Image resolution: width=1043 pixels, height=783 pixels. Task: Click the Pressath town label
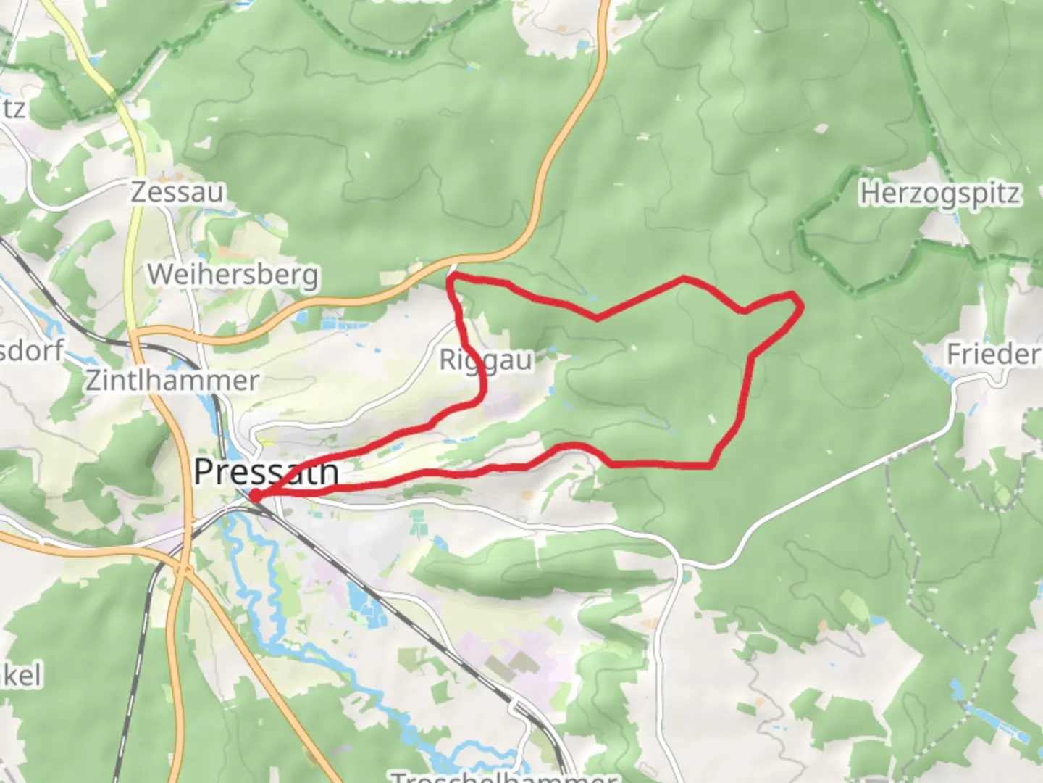(266, 472)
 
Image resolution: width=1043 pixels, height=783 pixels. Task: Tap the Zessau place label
(177, 192)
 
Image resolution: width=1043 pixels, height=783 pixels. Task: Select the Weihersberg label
(233, 275)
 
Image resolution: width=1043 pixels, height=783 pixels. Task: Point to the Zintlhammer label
(172, 380)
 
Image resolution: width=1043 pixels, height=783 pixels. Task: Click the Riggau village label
(486, 360)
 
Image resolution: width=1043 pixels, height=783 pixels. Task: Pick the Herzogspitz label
(939, 194)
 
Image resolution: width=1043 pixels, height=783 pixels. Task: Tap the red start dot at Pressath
(255, 496)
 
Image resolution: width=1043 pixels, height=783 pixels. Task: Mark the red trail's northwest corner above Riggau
(451, 279)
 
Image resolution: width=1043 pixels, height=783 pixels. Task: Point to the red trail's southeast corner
(711, 464)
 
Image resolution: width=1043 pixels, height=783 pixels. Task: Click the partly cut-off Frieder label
(994, 355)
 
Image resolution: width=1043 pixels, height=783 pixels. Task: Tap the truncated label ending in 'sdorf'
(32, 350)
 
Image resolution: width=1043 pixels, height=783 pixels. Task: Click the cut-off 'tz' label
(13, 109)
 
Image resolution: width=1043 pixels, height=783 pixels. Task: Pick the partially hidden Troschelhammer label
(503, 776)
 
